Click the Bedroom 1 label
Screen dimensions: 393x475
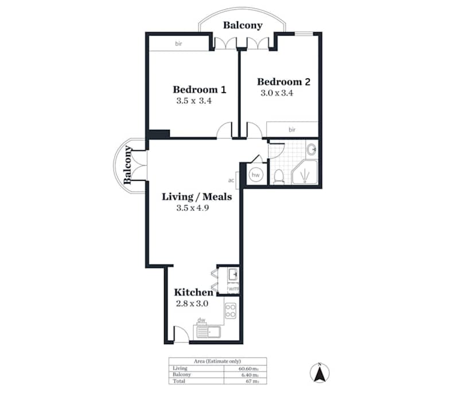(x=199, y=90)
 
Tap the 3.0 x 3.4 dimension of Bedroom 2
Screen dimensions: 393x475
(x=277, y=93)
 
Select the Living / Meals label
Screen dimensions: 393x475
(x=197, y=197)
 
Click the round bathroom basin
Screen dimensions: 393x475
(x=312, y=151)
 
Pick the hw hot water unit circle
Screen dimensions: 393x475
(x=256, y=175)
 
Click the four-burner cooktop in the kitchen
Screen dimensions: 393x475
(x=231, y=311)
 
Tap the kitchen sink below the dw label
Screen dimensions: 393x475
(x=208, y=332)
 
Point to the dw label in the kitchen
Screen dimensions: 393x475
(x=201, y=321)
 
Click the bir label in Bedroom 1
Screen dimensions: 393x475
(x=178, y=44)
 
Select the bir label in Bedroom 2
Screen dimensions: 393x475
(x=291, y=130)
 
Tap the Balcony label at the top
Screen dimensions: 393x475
(x=243, y=25)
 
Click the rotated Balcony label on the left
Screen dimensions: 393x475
(x=128, y=165)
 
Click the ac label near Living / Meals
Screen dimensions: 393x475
(x=231, y=179)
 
